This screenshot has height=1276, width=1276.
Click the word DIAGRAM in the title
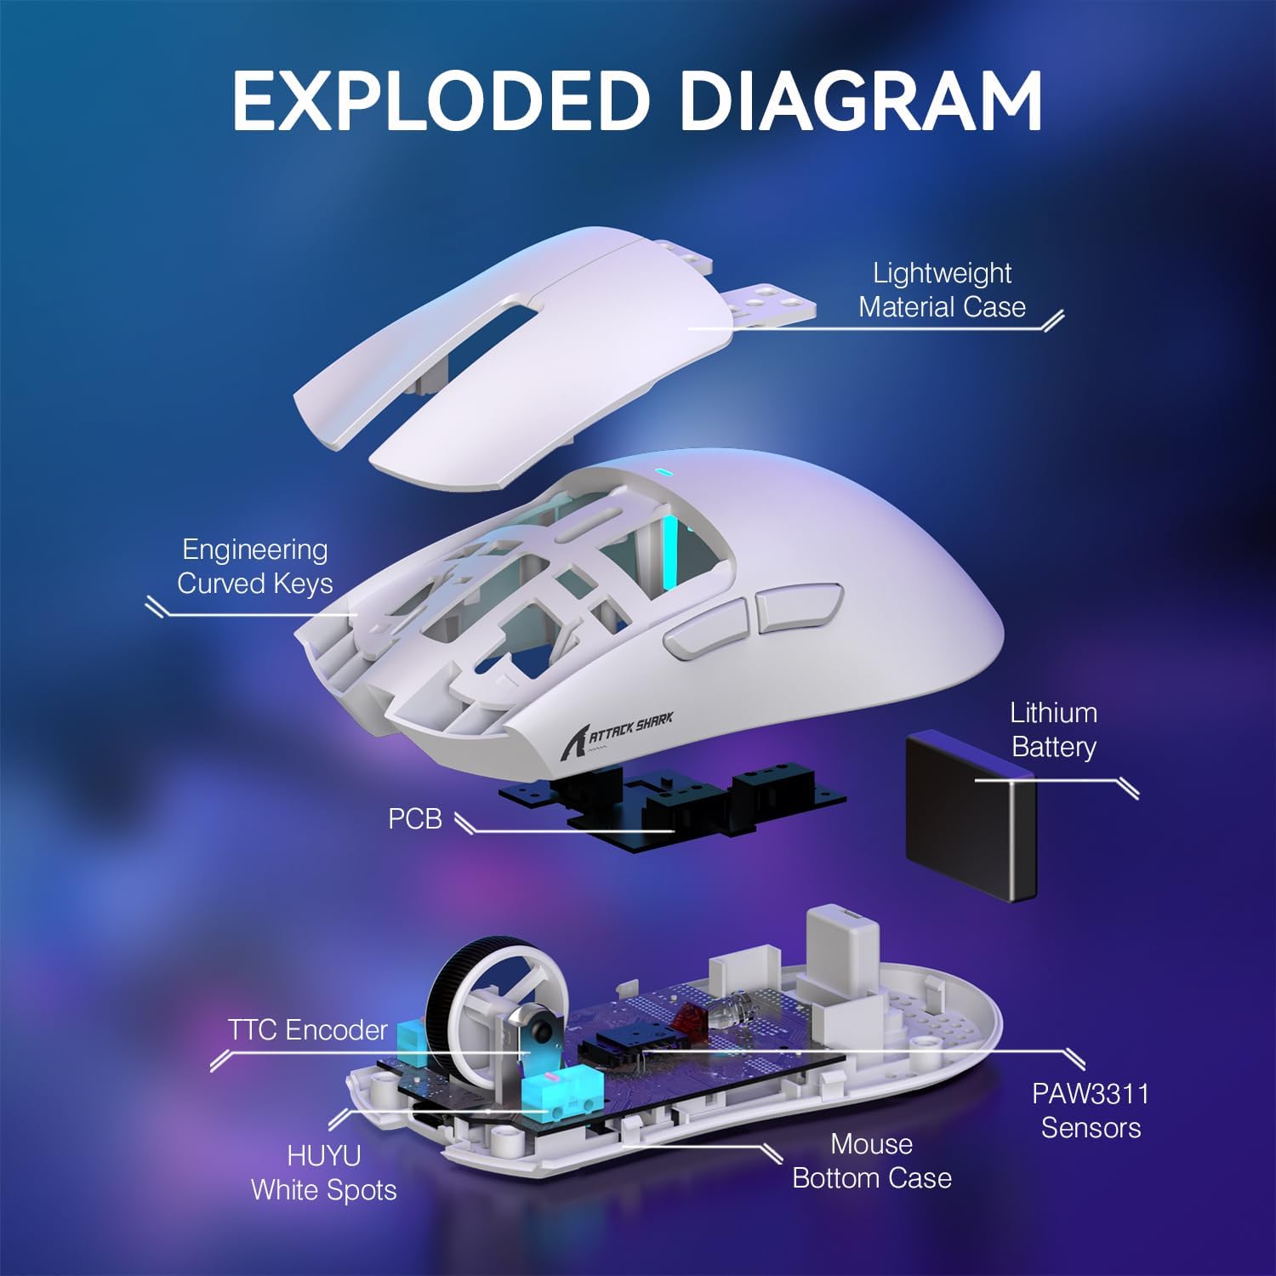[861, 100]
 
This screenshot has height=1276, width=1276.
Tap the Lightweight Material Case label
[942, 290]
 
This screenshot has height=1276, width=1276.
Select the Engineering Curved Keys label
[254, 567]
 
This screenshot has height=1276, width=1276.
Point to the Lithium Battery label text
[1053, 730]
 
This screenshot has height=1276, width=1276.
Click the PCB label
[414, 818]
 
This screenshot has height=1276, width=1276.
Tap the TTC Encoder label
[307, 1030]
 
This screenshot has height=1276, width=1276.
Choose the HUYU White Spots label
[323, 1172]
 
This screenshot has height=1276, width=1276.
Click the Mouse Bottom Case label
[871, 1161]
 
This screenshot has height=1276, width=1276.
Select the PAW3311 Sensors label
[1090, 1110]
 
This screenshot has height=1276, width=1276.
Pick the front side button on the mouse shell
[705, 628]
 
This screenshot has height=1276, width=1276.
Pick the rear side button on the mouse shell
[798, 607]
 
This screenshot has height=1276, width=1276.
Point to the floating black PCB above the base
[672, 804]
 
